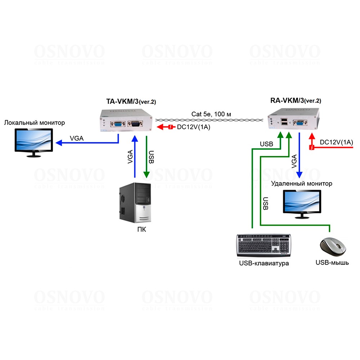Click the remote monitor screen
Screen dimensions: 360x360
tap(302, 201)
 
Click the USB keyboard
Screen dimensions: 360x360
tap(264, 245)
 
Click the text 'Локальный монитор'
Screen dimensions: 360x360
tap(35, 123)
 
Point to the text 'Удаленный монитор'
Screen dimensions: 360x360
tap(301, 184)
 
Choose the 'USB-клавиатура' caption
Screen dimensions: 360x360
tap(264, 263)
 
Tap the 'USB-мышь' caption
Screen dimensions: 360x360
tap(332, 262)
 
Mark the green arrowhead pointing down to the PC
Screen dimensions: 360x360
tap(147, 174)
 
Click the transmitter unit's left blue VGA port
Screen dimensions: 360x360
tap(118, 125)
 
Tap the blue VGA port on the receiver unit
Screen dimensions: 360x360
tap(299, 124)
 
